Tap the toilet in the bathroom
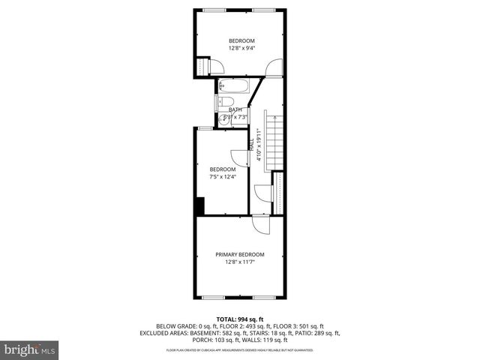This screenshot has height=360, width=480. (x=222, y=103)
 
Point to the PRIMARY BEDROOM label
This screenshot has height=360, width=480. (x=240, y=255)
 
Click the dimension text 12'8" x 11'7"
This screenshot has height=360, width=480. (x=240, y=262)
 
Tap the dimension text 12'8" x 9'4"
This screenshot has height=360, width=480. (x=241, y=48)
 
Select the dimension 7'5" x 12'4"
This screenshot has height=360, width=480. (x=223, y=177)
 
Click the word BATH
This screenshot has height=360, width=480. (x=235, y=109)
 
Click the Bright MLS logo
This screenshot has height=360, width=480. (x=29, y=350)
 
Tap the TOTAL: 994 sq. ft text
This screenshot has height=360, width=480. (x=240, y=319)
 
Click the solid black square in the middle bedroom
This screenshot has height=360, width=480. (x=200, y=205)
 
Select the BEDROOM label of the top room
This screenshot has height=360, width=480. (x=241, y=40)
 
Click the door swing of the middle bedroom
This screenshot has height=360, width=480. (x=238, y=157)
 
